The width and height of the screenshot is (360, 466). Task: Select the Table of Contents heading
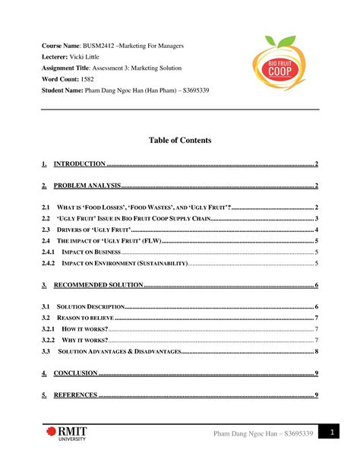click(x=180, y=141)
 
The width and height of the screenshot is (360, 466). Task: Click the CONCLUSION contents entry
click(x=75, y=373)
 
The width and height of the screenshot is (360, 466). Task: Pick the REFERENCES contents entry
click(x=75, y=395)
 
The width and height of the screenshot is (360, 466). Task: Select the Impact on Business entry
click(x=90, y=252)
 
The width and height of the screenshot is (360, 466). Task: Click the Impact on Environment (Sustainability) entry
click(x=122, y=263)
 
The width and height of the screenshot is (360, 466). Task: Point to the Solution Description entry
click(x=90, y=306)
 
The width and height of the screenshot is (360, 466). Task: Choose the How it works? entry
click(x=84, y=328)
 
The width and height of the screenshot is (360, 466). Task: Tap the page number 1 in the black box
click(x=331, y=433)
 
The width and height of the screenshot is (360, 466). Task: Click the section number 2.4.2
click(x=49, y=263)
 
